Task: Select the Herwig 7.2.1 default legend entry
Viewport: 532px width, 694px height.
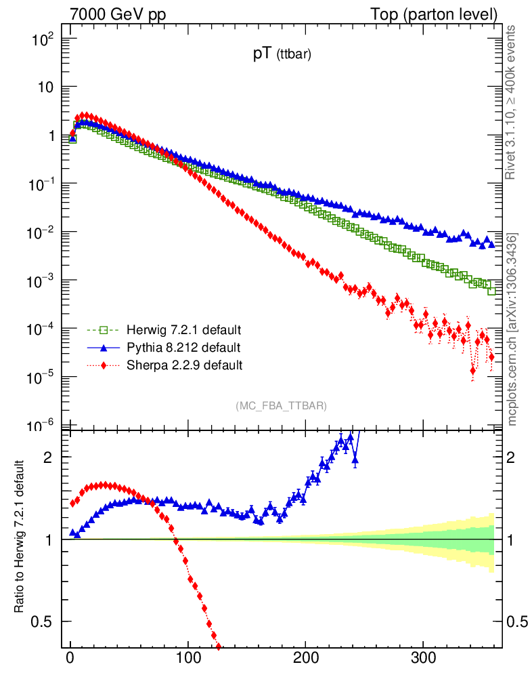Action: (x=183, y=330)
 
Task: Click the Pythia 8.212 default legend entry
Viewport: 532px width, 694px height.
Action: (x=182, y=348)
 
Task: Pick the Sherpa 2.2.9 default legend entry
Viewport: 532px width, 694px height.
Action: (x=183, y=365)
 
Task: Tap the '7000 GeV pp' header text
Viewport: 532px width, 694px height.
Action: (x=123, y=14)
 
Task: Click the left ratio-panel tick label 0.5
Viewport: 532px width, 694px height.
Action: (x=42, y=621)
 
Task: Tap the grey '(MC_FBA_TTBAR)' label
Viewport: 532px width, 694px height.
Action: (x=282, y=406)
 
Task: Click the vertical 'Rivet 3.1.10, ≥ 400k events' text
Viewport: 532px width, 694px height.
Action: (x=512, y=103)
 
